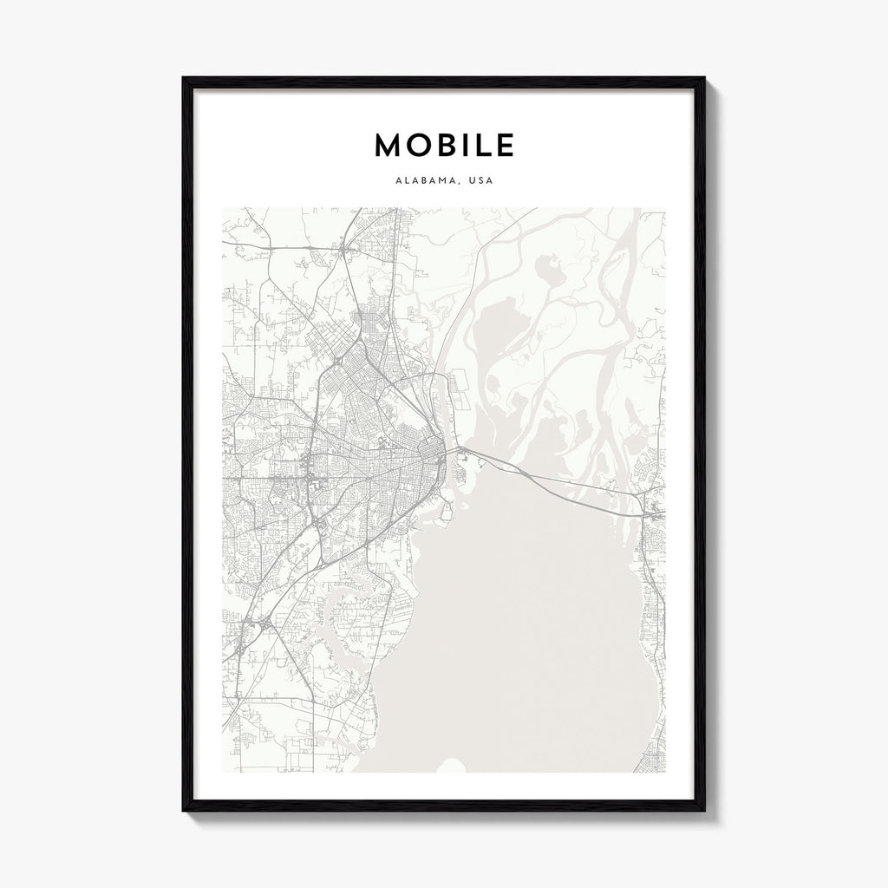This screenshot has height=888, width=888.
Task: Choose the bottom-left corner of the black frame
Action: [x=185, y=810]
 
